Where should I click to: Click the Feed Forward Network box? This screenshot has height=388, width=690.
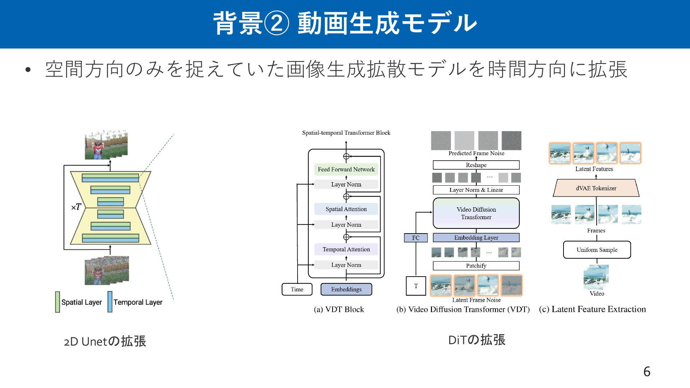[x=346, y=169]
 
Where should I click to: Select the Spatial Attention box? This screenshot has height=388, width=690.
[x=346, y=209]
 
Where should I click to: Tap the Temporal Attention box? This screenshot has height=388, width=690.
[x=346, y=249]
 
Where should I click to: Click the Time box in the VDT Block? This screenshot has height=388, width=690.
[x=297, y=289]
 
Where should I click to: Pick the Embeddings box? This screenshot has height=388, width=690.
[x=346, y=289]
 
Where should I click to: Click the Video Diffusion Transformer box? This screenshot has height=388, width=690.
[x=476, y=213]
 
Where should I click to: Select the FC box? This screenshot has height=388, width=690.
[x=416, y=238]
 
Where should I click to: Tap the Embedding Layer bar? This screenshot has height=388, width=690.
[x=476, y=237]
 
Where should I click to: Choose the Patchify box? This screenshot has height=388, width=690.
[x=476, y=266]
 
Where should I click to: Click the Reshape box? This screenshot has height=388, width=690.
[x=476, y=165]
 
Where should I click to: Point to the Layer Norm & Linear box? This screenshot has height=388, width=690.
[x=476, y=190]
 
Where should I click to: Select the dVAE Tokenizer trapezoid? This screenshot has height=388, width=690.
[x=596, y=188]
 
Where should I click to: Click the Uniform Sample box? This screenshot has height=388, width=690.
[x=597, y=250]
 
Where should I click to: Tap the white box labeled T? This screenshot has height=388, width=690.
[x=416, y=286]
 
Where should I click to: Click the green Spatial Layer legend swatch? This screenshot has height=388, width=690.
[x=57, y=302]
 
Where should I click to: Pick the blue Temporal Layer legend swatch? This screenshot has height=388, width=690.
[x=110, y=302]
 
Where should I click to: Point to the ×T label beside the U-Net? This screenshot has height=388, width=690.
[x=76, y=207]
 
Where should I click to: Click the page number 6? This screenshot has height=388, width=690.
[x=647, y=371]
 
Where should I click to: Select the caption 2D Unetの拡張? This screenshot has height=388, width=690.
[x=105, y=341]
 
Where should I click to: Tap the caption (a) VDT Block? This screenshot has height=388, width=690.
[x=339, y=309]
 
